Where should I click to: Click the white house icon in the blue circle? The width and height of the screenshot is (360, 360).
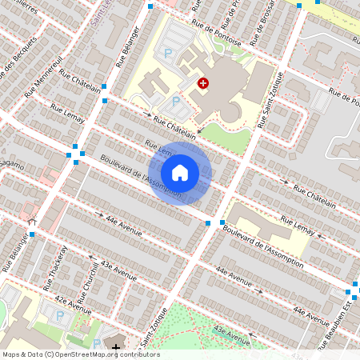click(x=180, y=173)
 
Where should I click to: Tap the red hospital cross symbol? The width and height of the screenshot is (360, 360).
click(x=203, y=82)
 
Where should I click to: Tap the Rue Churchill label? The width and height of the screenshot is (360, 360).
click(x=87, y=276)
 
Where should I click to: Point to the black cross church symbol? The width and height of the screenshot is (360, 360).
click(x=117, y=348)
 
